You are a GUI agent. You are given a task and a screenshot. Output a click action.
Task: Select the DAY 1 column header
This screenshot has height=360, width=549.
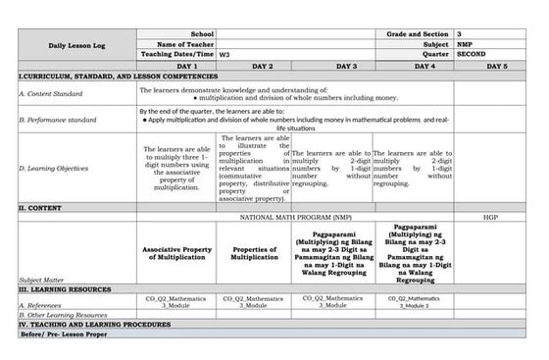[177, 65]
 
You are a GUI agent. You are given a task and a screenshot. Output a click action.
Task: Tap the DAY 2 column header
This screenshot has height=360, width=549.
[262, 65]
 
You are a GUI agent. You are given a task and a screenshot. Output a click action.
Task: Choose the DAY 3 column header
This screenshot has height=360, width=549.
[346, 65]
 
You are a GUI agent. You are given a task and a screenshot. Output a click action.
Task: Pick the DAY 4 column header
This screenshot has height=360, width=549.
[424, 65]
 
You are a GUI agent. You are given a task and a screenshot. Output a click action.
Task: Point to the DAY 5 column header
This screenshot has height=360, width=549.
[497, 65]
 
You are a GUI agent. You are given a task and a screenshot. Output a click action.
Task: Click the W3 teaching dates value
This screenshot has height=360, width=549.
[225, 55]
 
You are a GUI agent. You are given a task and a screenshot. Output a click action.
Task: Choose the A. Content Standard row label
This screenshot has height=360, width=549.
[50, 92]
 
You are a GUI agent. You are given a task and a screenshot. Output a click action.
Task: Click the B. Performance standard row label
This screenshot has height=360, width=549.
[57, 120]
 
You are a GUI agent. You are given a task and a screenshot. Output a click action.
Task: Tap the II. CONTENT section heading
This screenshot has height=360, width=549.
[40, 208]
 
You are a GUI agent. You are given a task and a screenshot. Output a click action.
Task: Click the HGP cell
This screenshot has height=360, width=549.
[490, 217]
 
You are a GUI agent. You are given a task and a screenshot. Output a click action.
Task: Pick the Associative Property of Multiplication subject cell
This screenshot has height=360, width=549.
[177, 251]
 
